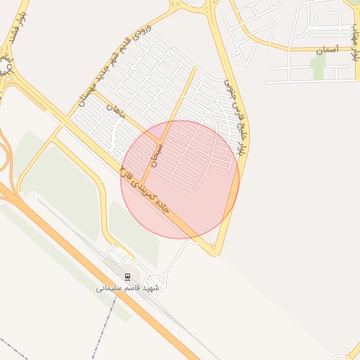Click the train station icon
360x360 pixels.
point(127,276)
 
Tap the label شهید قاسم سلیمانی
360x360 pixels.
point(128,288)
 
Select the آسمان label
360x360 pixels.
point(328,51)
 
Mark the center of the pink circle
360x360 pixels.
point(180,179)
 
